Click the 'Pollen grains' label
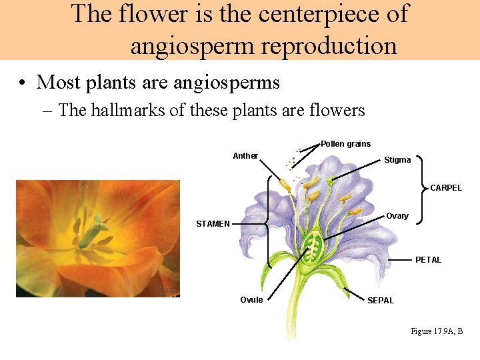(x=345, y=144)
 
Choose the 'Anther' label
(x=245, y=156)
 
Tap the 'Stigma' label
(x=397, y=160)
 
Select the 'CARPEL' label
(x=445, y=188)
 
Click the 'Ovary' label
(x=397, y=216)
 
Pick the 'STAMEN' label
(x=213, y=224)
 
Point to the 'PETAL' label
(x=428, y=260)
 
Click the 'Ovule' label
(x=251, y=300)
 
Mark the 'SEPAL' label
(x=381, y=301)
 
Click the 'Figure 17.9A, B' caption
(x=437, y=331)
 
